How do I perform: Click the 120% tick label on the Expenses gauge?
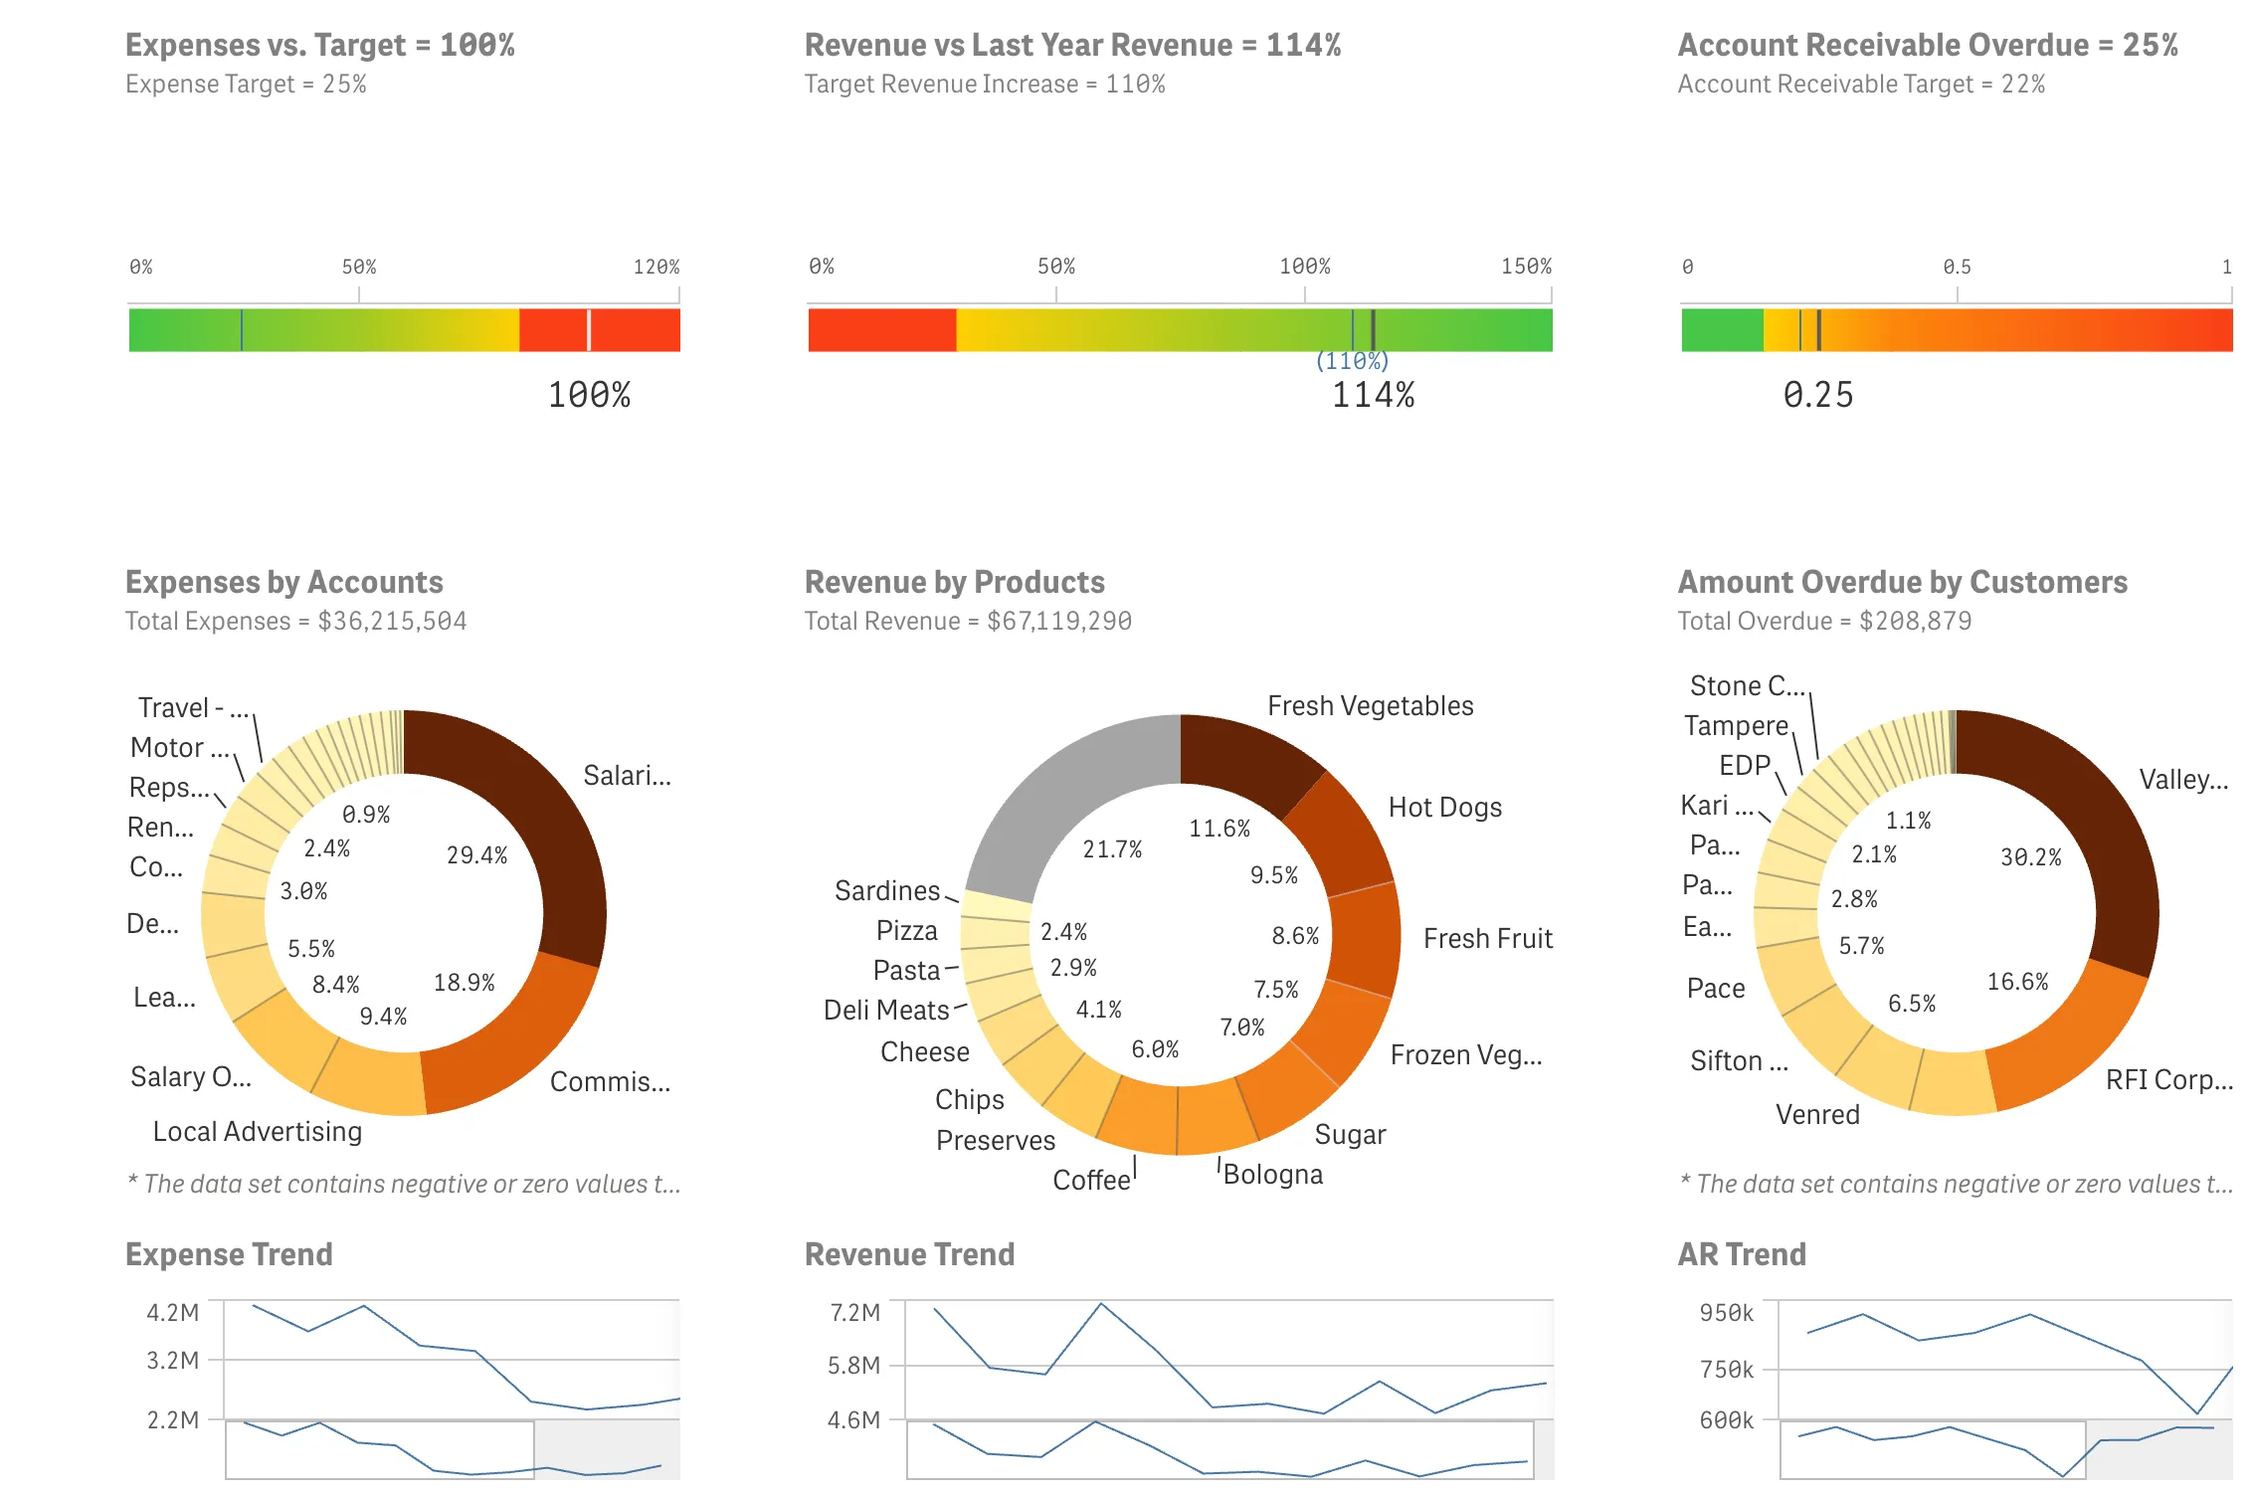point(657,267)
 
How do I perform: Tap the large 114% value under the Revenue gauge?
point(1373,395)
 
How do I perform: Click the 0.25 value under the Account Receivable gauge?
point(1818,395)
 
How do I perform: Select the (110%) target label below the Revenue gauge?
point(1352,361)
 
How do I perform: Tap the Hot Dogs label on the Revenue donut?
point(1444,807)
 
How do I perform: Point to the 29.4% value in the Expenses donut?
point(476,855)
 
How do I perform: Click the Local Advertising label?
point(258,1131)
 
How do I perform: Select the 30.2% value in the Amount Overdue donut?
point(2031,857)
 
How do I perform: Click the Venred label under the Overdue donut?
point(1817,1114)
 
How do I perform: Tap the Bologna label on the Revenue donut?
point(1273,1175)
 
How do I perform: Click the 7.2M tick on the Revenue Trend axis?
point(854,1312)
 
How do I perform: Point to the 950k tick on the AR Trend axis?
point(1726,1313)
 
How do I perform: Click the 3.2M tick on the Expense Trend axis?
point(173,1360)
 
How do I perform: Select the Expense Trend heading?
point(229,1254)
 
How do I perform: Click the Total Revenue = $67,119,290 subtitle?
point(968,621)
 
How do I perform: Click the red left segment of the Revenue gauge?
point(881,330)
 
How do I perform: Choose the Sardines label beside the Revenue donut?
point(886,890)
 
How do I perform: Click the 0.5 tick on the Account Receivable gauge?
point(1957,267)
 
